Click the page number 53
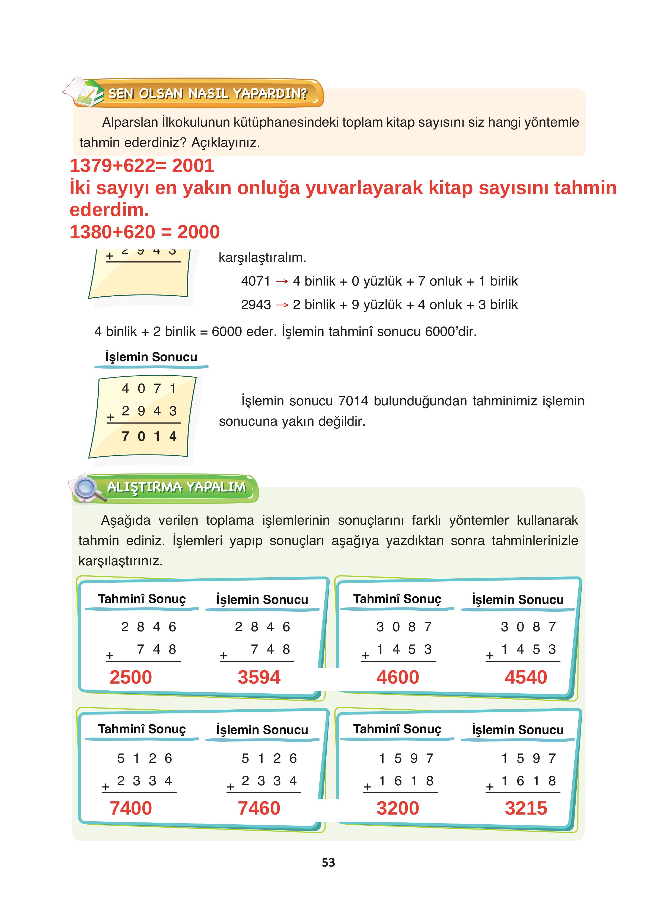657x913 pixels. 328,862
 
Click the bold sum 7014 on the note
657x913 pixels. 149,436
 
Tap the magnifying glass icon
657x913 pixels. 87,488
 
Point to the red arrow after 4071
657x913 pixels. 282,281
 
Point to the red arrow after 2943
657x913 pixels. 282,305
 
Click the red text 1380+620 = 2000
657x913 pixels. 145,232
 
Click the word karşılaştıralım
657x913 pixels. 262,258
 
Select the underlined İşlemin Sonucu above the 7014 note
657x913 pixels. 151,357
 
